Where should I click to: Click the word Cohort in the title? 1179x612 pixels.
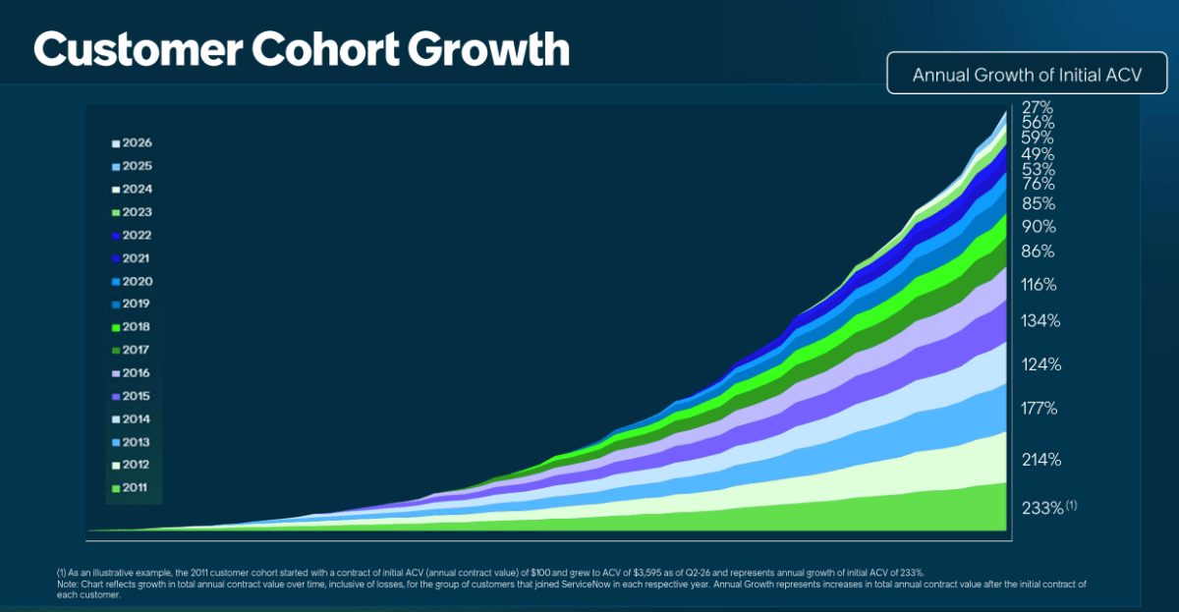pyautogui.click(x=325, y=49)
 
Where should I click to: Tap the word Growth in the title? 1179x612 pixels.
pyautogui.click(x=488, y=49)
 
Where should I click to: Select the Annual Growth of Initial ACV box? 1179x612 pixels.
pyautogui.click(x=1027, y=73)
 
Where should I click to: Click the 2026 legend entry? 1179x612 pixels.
pyautogui.click(x=132, y=143)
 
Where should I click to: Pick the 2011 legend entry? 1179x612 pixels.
pyautogui.click(x=130, y=488)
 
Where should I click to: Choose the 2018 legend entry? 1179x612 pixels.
pyautogui.click(x=131, y=327)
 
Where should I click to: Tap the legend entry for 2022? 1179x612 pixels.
pyautogui.click(x=132, y=235)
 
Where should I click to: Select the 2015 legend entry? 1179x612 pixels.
pyautogui.click(x=131, y=396)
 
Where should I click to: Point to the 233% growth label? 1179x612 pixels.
pyautogui.click(x=1042, y=508)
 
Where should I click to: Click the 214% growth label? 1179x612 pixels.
pyautogui.click(x=1041, y=460)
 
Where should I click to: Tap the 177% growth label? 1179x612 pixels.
pyautogui.click(x=1039, y=409)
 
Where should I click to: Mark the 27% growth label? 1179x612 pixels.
pyautogui.click(x=1038, y=107)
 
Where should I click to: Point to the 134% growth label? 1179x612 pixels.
pyautogui.click(x=1040, y=320)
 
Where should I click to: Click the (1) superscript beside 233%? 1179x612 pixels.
pyautogui.click(x=1072, y=505)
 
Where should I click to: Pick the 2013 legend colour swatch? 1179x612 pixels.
pyautogui.click(x=116, y=443)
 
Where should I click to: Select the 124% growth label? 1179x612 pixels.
pyautogui.click(x=1041, y=364)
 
